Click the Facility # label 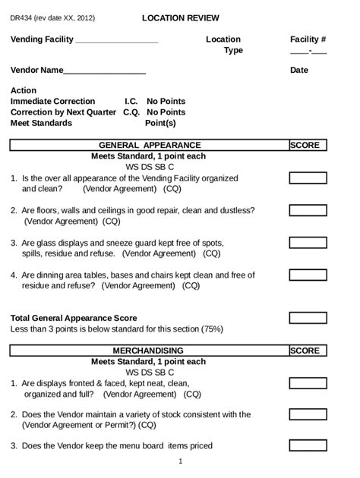tap(308, 39)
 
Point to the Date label tap(299, 71)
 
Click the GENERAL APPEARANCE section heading tap(150, 146)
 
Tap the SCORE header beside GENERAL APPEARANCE tap(305, 146)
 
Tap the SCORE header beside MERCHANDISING tap(305, 351)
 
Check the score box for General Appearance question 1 tap(308, 178)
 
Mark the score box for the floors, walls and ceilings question tap(308, 210)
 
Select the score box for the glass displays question tap(308, 243)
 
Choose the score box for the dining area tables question tap(308, 275)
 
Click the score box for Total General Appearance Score tap(308, 319)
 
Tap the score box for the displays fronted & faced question tap(308, 383)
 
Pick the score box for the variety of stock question tap(308, 415)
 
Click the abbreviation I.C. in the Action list tap(131, 101)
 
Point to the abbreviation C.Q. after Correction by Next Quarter tap(131, 112)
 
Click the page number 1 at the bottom tap(180, 461)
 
